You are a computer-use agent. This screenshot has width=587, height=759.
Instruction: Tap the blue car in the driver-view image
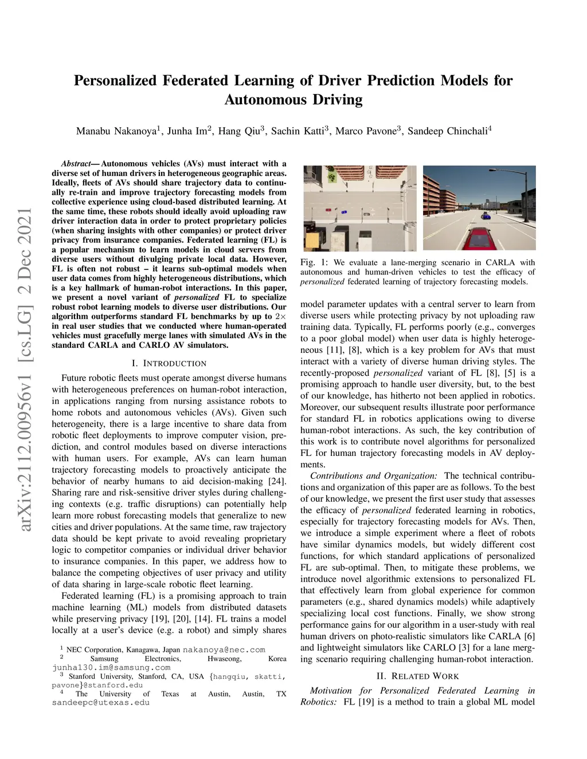(x=486, y=216)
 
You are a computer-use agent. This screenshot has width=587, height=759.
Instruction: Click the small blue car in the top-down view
(x=343, y=213)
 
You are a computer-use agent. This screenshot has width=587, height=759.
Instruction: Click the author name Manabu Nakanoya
(x=116, y=131)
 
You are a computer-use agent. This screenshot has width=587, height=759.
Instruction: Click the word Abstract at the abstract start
(x=76, y=164)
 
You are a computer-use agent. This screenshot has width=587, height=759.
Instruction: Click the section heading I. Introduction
(x=169, y=363)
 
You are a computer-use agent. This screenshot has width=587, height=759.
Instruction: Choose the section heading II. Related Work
(x=417, y=676)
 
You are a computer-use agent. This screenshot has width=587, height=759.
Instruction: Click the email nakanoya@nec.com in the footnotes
(x=224, y=650)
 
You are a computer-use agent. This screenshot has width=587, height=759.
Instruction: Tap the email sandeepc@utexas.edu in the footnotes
(x=101, y=702)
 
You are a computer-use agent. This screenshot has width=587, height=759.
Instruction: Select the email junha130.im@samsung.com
(x=111, y=667)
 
